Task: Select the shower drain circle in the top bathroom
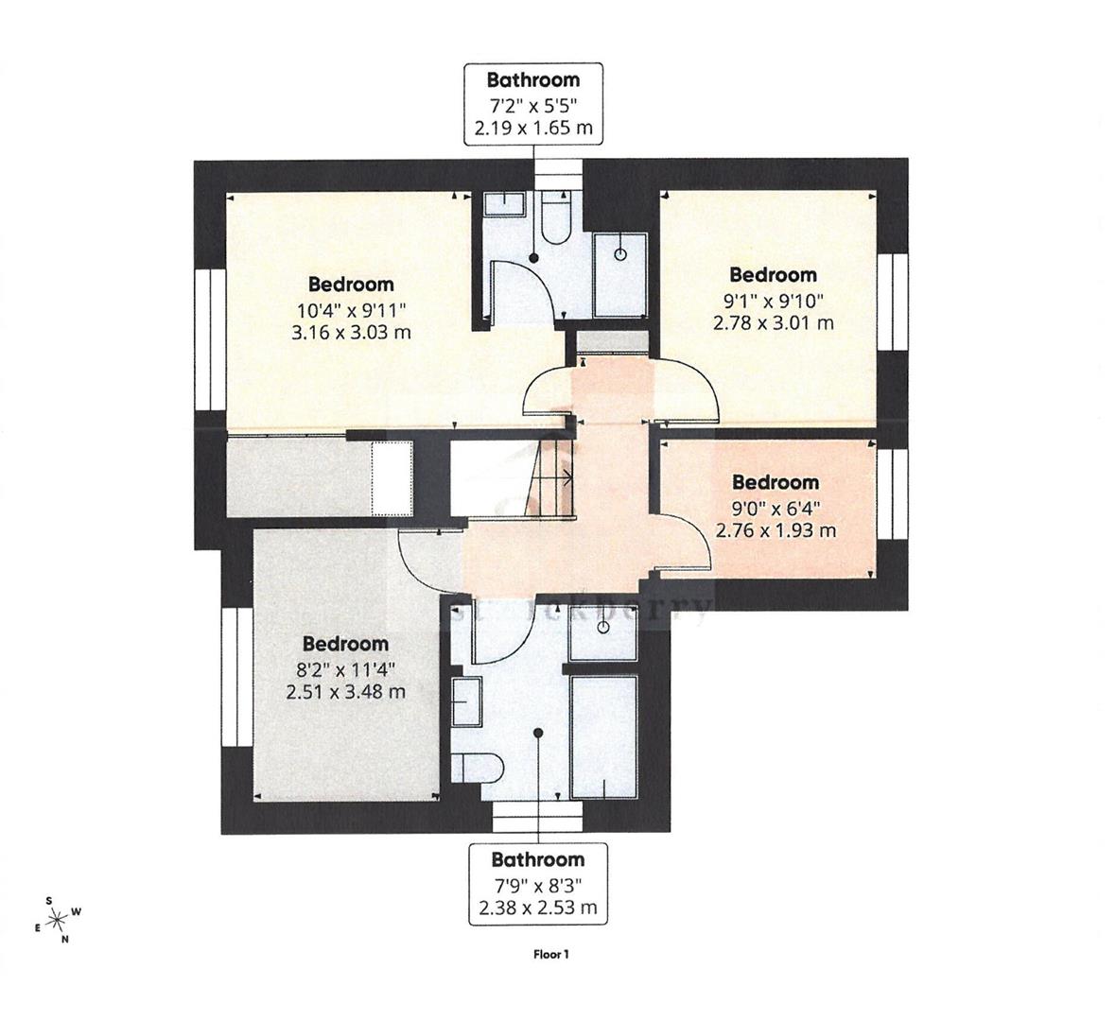tap(620, 254)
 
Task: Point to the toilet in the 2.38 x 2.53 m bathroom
tap(468, 767)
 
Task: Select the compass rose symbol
tap(58, 917)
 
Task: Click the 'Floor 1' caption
tap(551, 954)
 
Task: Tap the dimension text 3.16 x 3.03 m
tap(353, 332)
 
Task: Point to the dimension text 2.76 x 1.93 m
tap(776, 530)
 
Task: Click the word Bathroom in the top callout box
tap(532, 79)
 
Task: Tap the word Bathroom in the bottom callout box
tap(537, 859)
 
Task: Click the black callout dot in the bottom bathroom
tap(538, 732)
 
